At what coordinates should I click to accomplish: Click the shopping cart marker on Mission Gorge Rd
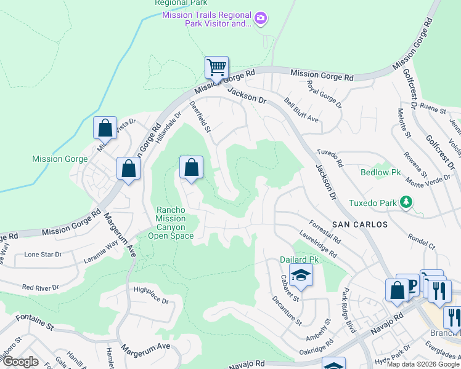pos(216,67)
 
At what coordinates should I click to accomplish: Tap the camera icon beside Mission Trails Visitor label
pos(261,19)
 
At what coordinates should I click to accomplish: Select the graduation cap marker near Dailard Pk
pos(301,276)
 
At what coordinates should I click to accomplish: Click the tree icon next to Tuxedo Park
pos(406,202)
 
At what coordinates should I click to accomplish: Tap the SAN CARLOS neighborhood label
pos(361,224)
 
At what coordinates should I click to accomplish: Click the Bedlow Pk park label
pos(380,173)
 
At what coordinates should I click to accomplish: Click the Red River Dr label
pos(40,287)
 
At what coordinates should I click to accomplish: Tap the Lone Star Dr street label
pos(43,254)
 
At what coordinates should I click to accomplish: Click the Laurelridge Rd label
pos(318,244)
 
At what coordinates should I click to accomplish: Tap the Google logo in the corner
pos(20,362)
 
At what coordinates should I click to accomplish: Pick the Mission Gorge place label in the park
pos(55,159)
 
